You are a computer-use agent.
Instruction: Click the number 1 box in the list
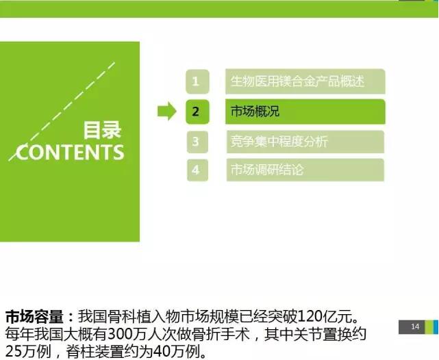pyautogui.click(x=197, y=81)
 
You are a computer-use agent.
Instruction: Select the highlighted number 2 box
pyautogui.click(x=197, y=112)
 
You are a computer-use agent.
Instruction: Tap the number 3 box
pyautogui.click(x=197, y=142)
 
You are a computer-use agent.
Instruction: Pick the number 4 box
pyautogui.click(x=197, y=170)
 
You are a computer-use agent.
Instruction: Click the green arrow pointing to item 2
pyautogui.click(x=167, y=111)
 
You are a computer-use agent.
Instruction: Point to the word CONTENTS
pyautogui.click(x=70, y=152)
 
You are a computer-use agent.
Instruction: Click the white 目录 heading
pyautogui.click(x=102, y=130)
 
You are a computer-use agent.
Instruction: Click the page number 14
pyautogui.click(x=415, y=326)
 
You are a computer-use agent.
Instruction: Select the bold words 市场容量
pyautogui.click(x=34, y=316)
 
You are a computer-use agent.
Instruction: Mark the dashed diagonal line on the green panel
pyautogui.click(x=62, y=112)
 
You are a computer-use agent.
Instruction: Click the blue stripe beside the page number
pyautogui.click(x=436, y=326)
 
